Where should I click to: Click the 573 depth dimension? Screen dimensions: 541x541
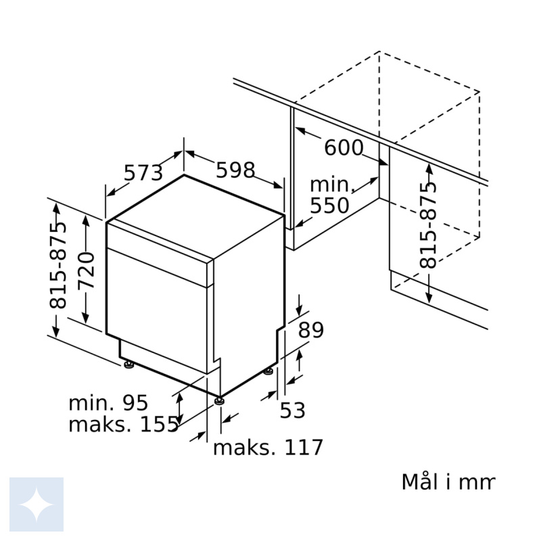point(143,172)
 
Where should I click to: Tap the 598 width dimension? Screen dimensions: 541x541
point(235,170)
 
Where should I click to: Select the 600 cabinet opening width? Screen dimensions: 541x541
point(344,147)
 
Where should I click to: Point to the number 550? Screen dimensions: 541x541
point(329,206)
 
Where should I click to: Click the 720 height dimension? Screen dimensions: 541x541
point(86,270)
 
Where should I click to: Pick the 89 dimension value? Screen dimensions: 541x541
point(311,330)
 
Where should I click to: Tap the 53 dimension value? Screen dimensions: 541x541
point(293,410)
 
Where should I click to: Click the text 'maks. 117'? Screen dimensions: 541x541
point(268,448)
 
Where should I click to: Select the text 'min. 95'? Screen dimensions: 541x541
point(108,402)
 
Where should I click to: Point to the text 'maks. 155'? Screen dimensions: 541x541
point(124,425)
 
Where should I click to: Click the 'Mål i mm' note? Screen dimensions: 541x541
point(448,481)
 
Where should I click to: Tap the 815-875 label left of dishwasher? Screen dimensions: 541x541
point(57,265)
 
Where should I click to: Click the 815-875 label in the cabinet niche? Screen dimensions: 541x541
point(428,225)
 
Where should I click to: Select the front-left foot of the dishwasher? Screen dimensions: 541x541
point(128,364)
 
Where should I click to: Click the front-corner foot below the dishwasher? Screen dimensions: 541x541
point(219,401)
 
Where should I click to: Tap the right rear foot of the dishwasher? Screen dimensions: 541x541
point(268,371)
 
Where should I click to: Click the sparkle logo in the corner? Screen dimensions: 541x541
point(37,504)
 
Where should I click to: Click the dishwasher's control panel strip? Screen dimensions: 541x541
point(160,242)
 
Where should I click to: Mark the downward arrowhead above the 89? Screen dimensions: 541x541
point(299,311)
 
